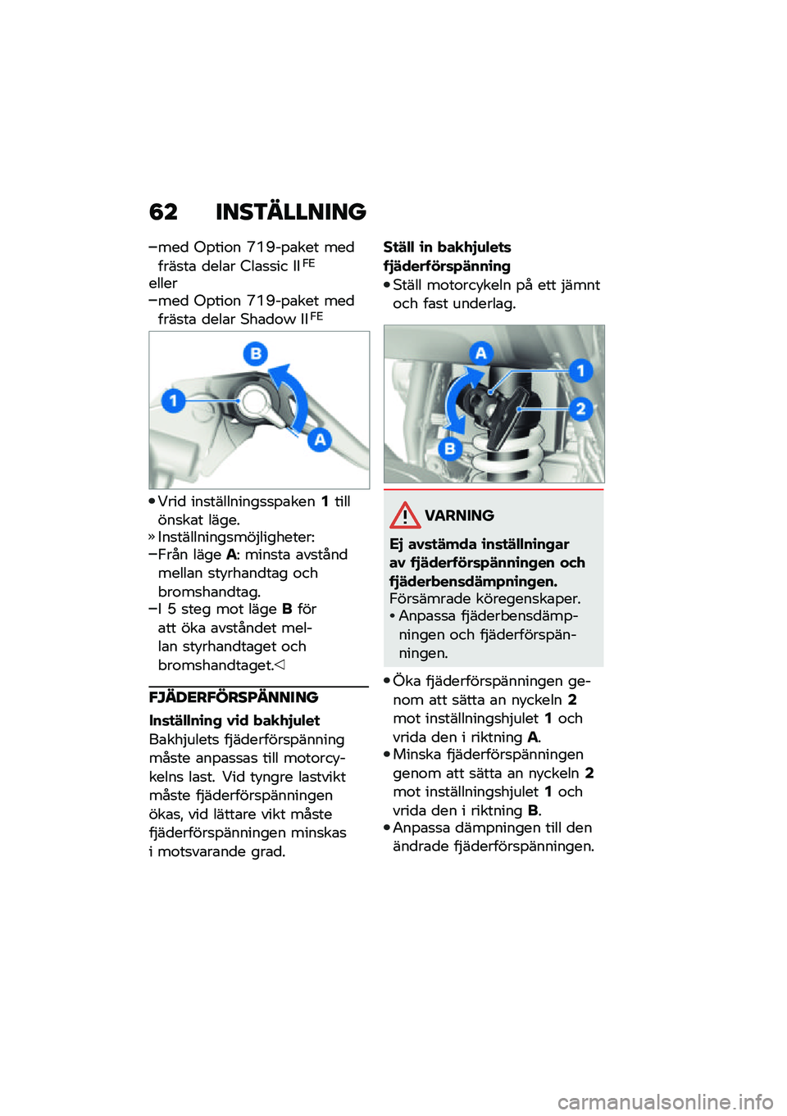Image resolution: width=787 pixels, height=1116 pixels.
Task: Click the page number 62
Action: click(163, 212)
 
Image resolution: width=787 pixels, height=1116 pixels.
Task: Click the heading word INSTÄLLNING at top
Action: click(290, 212)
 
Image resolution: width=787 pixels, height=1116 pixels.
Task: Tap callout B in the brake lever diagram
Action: click(256, 353)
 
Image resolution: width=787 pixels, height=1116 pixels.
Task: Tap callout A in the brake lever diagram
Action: click(319, 439)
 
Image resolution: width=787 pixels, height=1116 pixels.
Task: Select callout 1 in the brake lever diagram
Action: click(173, 401)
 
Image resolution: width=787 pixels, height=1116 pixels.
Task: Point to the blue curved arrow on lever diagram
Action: click(293, 393)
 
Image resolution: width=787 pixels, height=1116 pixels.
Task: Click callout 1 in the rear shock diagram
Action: click(580, 370)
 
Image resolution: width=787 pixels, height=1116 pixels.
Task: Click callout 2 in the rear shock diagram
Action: click(580, 408)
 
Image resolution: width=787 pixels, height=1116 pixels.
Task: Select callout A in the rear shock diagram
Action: click(480, 353)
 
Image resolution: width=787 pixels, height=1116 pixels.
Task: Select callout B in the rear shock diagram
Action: click(449, 448)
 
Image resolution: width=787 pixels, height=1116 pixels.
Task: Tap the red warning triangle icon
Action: click(405, 515)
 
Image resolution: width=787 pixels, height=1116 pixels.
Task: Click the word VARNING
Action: click(459, 515)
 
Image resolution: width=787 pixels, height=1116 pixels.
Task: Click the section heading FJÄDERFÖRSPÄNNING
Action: click(234, 697)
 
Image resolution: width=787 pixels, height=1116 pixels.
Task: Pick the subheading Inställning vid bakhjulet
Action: click(234, 720)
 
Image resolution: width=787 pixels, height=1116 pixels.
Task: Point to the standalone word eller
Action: click(163, 284)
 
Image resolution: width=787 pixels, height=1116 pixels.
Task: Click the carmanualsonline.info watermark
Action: click(665, 1101)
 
